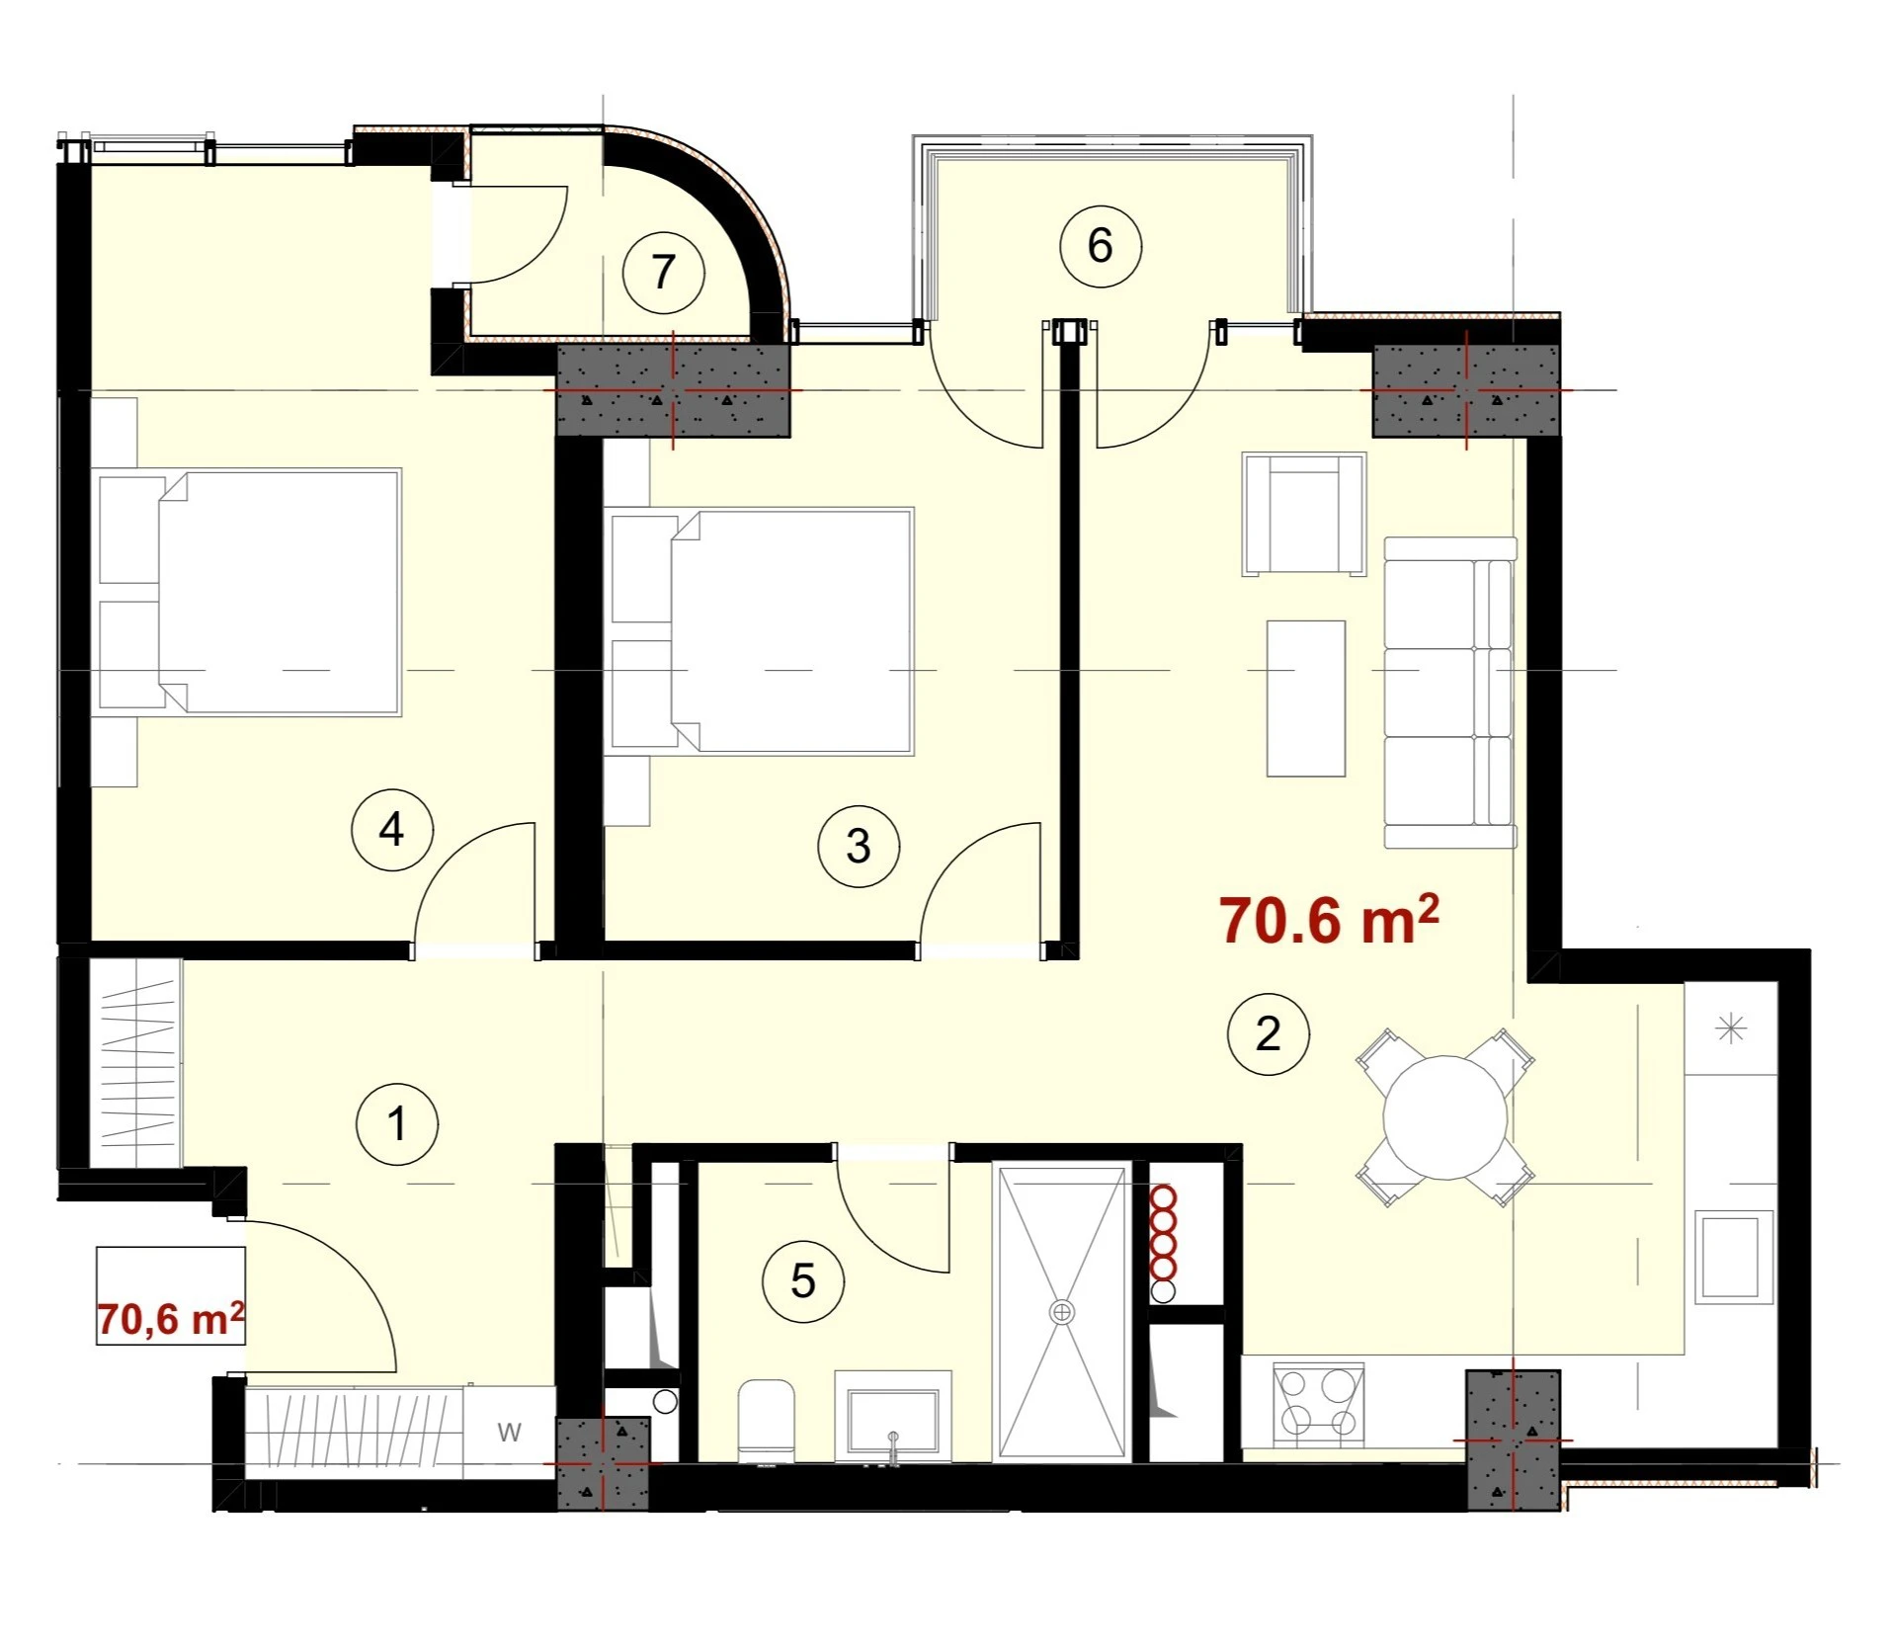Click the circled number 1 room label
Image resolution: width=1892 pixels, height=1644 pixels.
click(396, 1124)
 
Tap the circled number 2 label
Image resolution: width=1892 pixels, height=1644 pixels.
click(1268, 1034)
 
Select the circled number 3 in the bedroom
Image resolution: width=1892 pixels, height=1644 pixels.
click(859, 847)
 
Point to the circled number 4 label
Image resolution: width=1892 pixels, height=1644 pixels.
click(392, 830)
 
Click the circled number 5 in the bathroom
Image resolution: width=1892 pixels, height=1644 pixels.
click(803, 1281)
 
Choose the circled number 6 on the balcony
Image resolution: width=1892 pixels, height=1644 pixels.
click(1101, 246)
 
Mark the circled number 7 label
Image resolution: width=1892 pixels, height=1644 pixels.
click(664, 272)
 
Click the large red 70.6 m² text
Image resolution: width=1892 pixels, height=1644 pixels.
click(1329, 920)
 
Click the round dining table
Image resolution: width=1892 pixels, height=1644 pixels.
click(1444, 1117)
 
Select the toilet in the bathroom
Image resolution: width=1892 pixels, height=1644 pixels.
click(767, 1421)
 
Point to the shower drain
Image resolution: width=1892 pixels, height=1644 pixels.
click(1062, 1312)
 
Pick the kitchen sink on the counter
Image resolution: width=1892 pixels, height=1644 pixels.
click(1735, 1257)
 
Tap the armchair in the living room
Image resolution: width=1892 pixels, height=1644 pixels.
click(1304, 514)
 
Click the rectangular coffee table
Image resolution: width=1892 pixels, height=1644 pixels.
click(1306, 699)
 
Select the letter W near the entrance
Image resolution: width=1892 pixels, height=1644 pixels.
click(509, 1432)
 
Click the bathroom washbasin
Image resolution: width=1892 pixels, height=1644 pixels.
click(893, 1415)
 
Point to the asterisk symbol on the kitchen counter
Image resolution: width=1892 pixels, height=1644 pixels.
click(1731, 1028)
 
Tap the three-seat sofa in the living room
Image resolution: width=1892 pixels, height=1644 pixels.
click(1450, 693)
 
